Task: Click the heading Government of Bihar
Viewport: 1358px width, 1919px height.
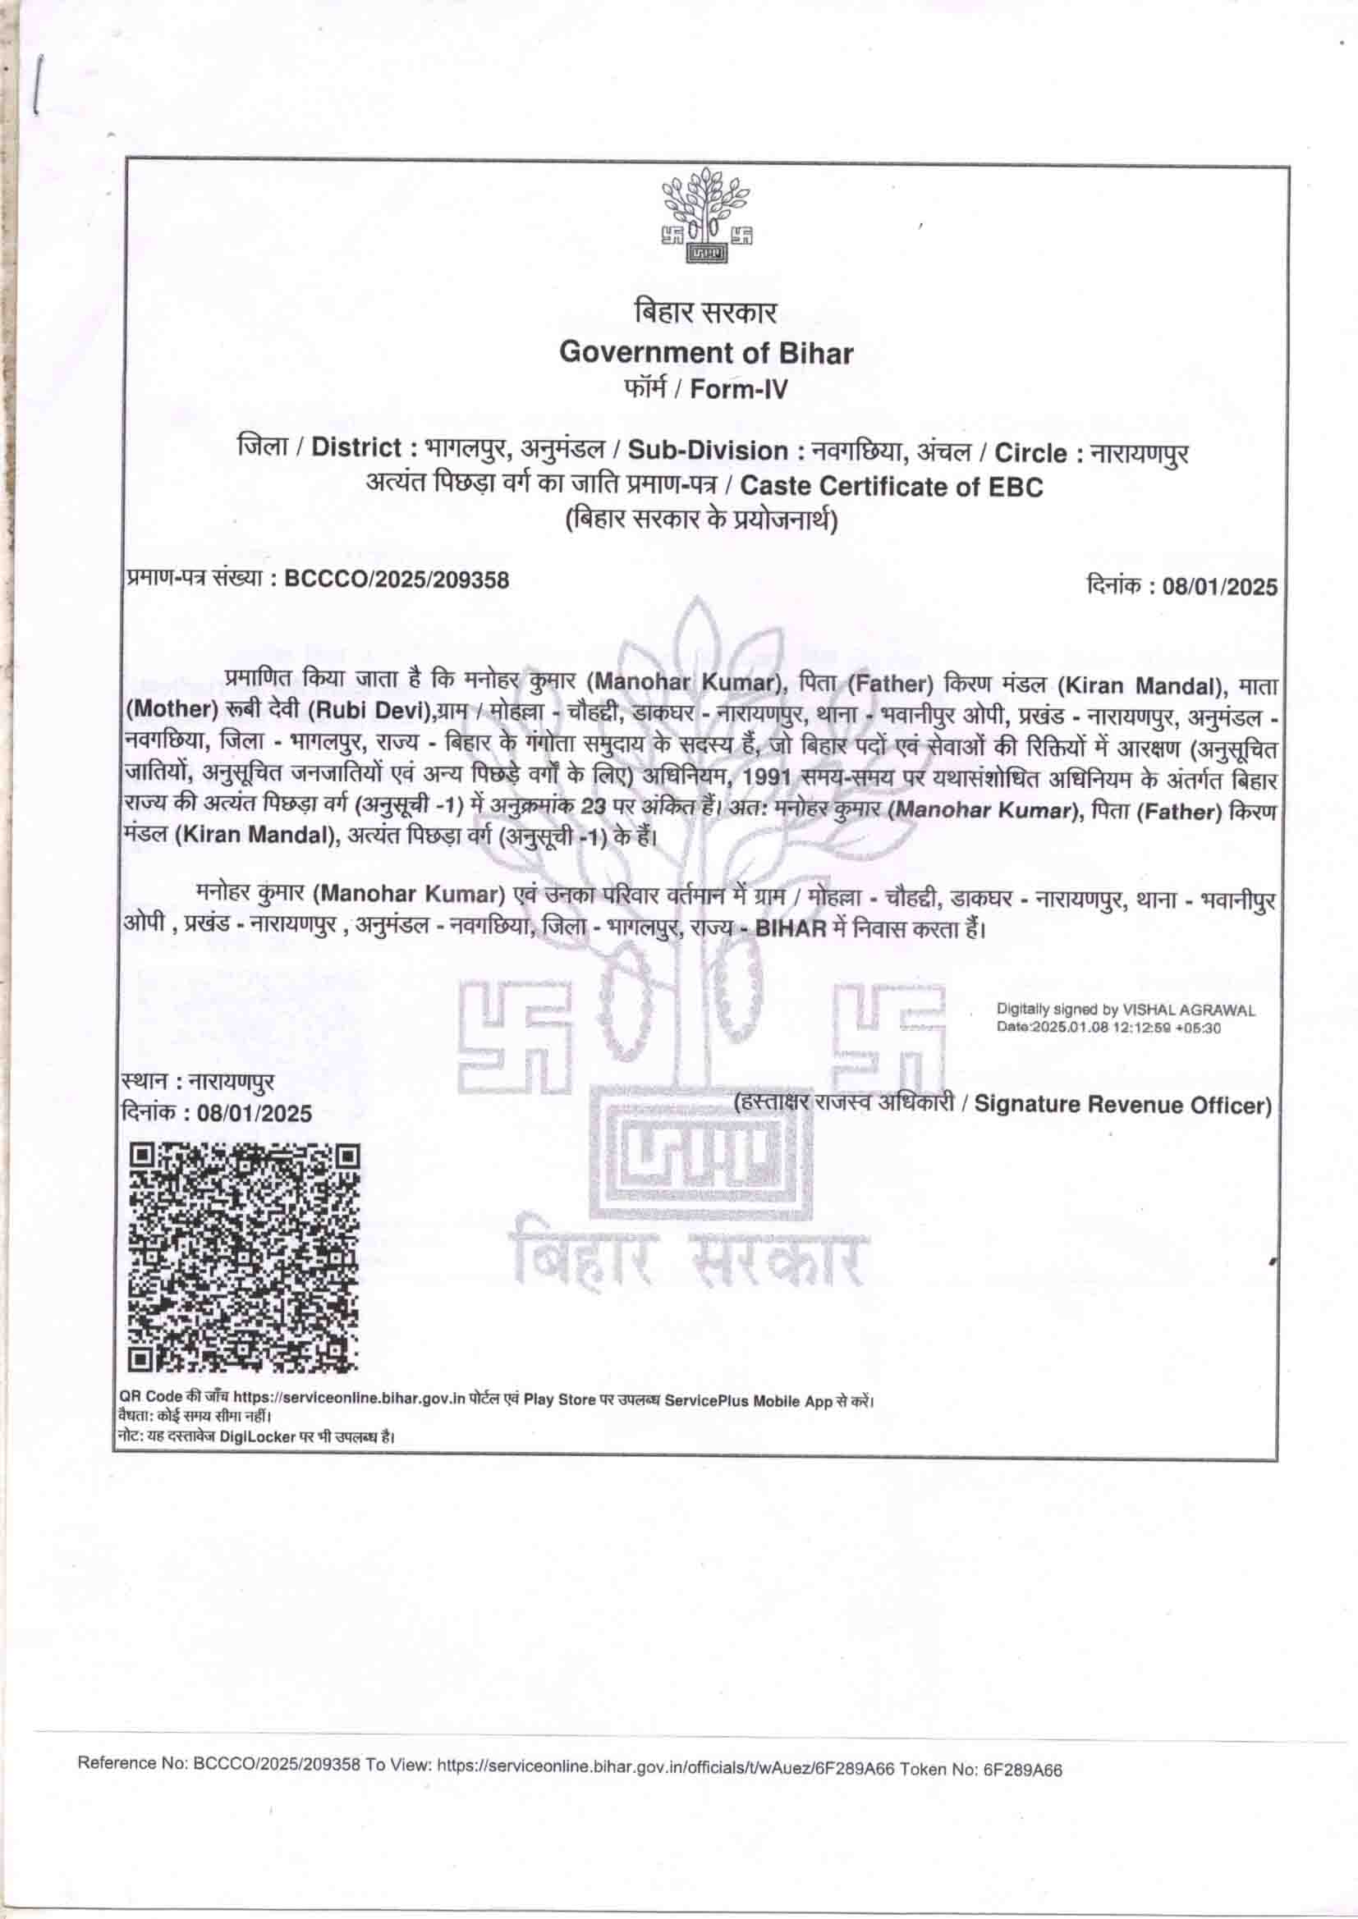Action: [706, 353]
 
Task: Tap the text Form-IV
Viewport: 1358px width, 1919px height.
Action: [738, 391]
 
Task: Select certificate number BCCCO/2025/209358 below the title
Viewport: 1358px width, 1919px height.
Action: [397, 579]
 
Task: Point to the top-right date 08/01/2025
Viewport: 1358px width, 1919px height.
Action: [1214, 587]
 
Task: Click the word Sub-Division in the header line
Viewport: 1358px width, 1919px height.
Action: [708, 451]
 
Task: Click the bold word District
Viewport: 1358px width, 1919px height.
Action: [357, 448]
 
